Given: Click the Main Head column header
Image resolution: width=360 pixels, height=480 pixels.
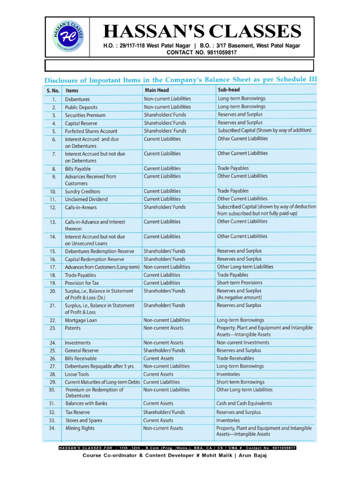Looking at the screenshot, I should click(157, 90).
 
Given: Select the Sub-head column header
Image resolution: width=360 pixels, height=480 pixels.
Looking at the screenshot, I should click(230, 89).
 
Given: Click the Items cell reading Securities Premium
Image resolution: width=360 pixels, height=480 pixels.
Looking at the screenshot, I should click(85, 115).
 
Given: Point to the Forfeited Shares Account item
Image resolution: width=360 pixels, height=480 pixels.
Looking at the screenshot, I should click(91, 131).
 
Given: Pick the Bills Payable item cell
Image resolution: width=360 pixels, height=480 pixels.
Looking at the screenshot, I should click(78, 169).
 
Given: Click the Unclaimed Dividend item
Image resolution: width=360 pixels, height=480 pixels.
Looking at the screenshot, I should click(86, 199).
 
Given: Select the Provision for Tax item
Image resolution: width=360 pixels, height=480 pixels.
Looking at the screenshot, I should click(82, 283).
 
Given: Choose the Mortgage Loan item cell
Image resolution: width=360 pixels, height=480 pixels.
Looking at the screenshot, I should click(81, 320).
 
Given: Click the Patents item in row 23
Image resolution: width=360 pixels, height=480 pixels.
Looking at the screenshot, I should click(73, 328).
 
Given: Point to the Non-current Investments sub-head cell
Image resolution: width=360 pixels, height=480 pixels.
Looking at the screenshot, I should click(242, 343).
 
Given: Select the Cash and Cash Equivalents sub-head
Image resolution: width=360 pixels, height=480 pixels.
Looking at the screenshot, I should click(244, 403).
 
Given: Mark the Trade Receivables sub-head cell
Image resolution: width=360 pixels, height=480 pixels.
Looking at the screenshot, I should click(236, 358).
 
